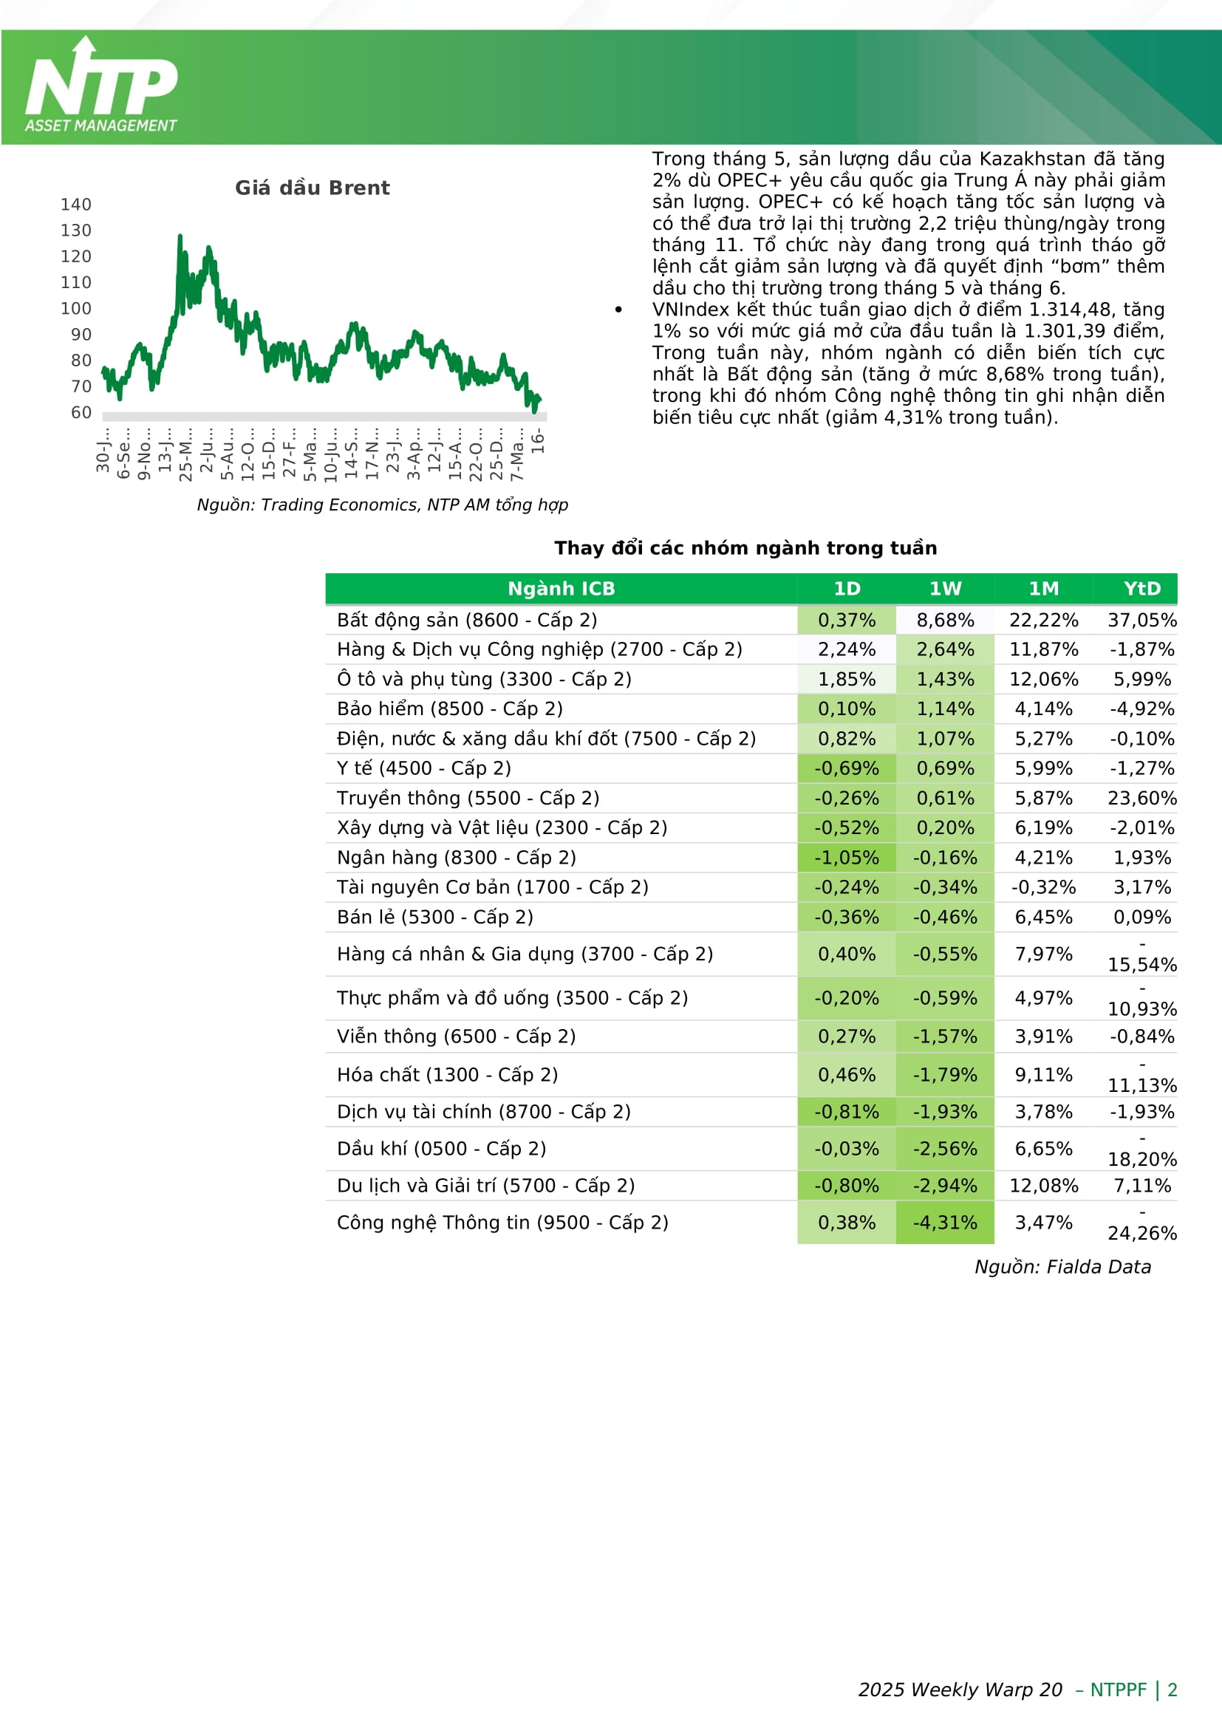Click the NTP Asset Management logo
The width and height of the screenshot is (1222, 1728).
click(101, 84)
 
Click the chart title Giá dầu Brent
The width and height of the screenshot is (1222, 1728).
click(313, 188)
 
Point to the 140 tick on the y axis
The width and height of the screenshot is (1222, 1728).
click(76, 205)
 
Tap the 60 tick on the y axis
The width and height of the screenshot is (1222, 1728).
click(81, 412)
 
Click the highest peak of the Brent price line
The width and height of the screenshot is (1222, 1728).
click(180, 237)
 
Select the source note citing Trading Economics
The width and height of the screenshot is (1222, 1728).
click(382, 505)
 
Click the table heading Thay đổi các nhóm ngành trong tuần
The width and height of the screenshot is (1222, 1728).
click(745, 548)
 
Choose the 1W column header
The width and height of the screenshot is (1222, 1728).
click(945, 589)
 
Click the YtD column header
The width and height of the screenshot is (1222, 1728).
click(1141, 589)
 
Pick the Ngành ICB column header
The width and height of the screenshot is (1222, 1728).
click(561, 589)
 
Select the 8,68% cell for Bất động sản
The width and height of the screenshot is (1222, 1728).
click(945, 620)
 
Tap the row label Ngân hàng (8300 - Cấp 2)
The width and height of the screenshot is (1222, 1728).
click(456, 857)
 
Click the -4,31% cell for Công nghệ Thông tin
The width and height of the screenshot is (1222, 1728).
click(945, 1222)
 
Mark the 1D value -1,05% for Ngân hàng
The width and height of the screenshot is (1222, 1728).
click(847, 857)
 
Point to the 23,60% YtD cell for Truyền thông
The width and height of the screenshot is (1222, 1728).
click(1141, 798)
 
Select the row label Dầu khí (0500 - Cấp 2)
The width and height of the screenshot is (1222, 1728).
click(441, 1149)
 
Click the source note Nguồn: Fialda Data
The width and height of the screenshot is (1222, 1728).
click(1062, 1267)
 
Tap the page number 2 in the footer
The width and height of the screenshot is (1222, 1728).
click(1172, 1690)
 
